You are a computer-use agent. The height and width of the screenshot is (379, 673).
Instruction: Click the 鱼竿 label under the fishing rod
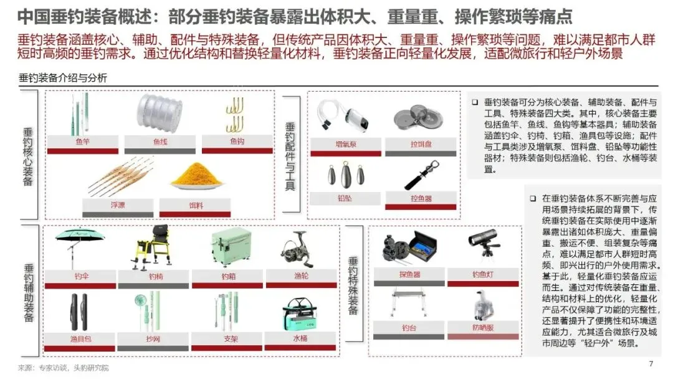(82, 142)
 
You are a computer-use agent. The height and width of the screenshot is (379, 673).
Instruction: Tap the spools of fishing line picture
(160, 113)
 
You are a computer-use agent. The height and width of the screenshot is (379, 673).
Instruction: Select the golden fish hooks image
(235, 115)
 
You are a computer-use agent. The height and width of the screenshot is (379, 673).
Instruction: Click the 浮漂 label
(118, 205)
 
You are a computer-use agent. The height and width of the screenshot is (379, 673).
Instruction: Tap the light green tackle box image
(231, 247)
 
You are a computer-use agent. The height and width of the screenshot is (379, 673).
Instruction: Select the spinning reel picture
(298, 249)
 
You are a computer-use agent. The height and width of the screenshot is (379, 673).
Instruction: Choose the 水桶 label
(300, 338)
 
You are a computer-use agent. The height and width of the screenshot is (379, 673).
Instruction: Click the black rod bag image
(79, 312)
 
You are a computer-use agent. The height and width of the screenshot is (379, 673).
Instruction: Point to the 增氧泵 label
(346, 144)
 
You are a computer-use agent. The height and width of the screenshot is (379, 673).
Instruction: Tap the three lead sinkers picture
(346, 175)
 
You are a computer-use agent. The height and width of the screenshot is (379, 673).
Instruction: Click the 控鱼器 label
(421, 199)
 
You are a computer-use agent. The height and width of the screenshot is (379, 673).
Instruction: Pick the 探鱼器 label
(409, 274)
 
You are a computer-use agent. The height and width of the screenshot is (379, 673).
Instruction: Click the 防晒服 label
(483, 327)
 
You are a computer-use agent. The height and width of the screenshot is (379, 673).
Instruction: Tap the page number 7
(651, 364)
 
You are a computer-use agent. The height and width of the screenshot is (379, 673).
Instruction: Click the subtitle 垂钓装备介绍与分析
(63, 78)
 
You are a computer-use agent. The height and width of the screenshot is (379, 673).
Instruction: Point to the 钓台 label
(409, 328)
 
